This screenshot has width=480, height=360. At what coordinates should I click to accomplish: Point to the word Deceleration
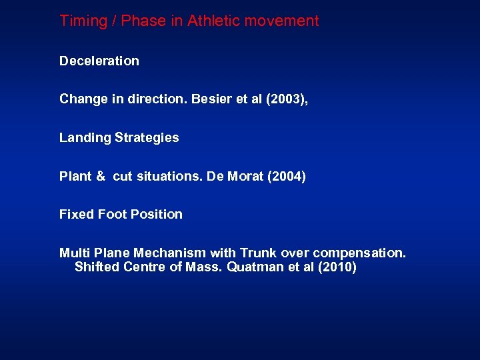[x=99, y=61]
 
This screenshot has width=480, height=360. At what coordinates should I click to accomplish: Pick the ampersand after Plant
[x=101, y=177]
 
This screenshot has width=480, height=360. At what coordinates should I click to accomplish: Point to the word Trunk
[x=258, y=253]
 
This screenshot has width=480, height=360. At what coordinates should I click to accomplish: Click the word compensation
[x=359, y=253]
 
